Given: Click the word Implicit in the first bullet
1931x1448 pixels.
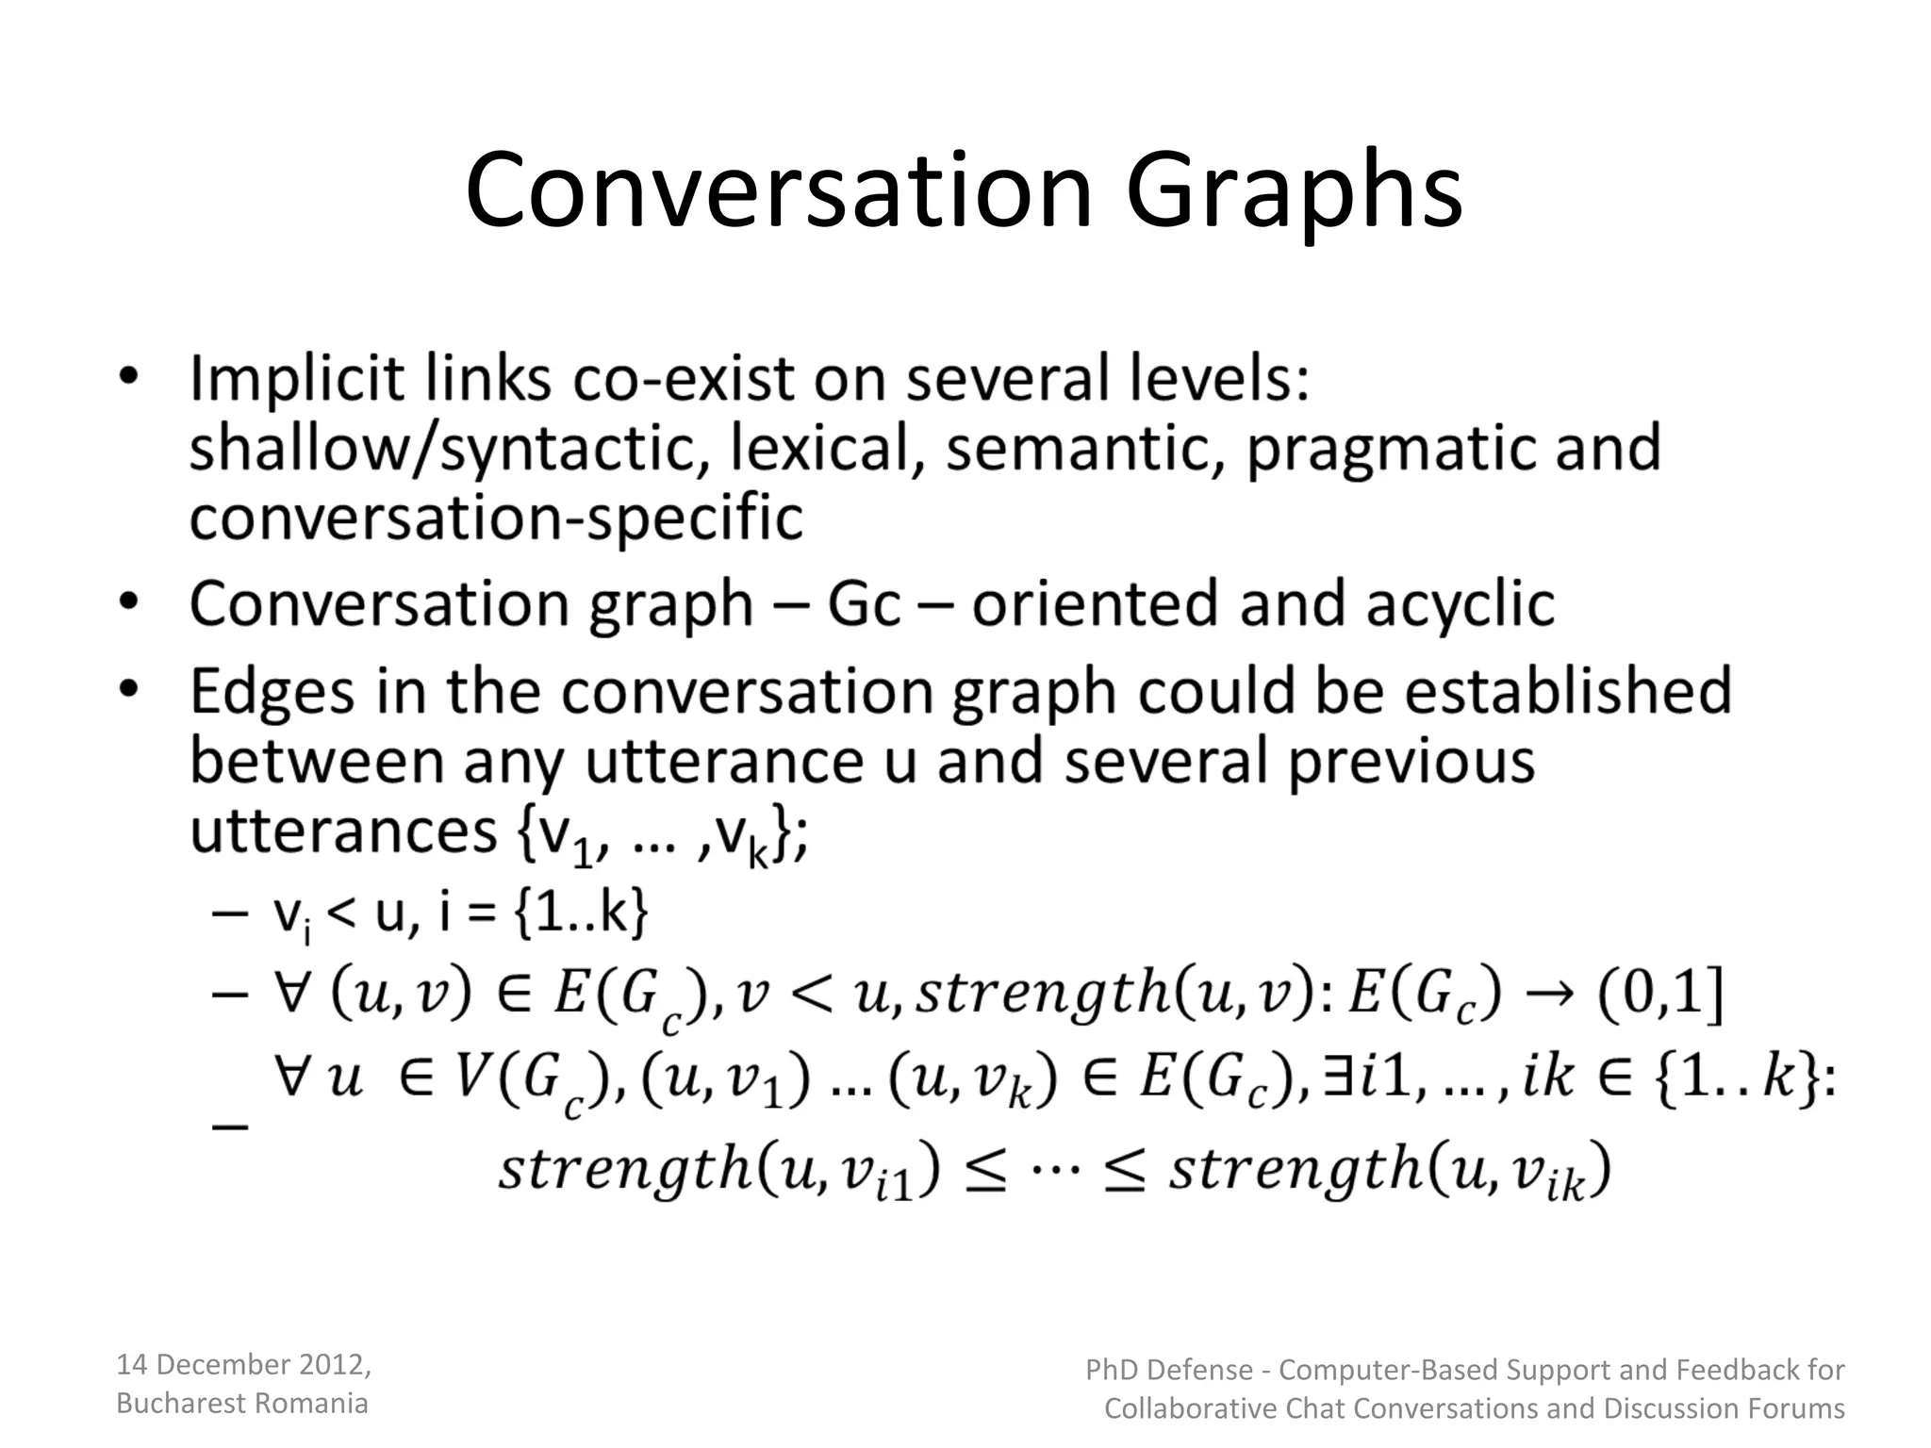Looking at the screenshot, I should pos(297,379).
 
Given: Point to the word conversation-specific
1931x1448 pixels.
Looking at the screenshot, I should pos(496,518).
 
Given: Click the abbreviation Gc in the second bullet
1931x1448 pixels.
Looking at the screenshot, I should pos(864,604).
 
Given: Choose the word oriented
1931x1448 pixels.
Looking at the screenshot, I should pos(1094,604).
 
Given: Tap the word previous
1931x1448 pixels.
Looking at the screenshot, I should pos(1411,763).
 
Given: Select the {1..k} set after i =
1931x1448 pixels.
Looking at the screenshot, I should pos(582,913).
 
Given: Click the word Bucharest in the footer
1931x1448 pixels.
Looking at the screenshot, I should pos(175,1404).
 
